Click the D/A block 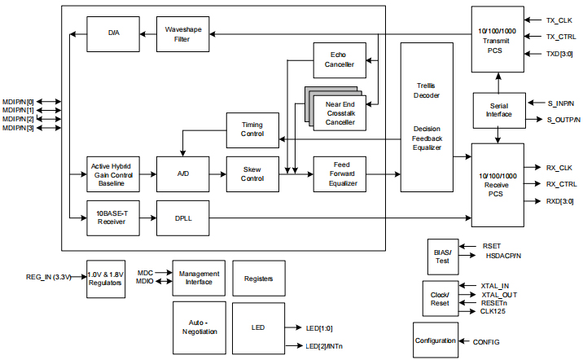(113, 34)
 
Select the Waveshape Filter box (182, 34)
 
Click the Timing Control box (252, 130)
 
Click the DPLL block (182, 217)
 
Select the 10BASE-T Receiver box (113, 217)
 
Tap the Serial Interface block (499, 111)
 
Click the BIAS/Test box (443, 255)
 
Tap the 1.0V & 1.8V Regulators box (107, 279)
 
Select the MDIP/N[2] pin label (19, 119)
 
